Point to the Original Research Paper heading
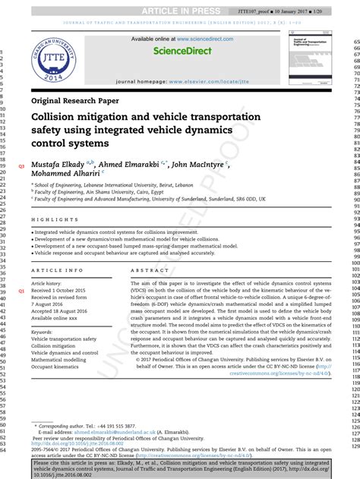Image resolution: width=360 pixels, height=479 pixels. click(x=75, y=101)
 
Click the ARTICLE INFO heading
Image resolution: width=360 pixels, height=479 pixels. click(x=58, y=270)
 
